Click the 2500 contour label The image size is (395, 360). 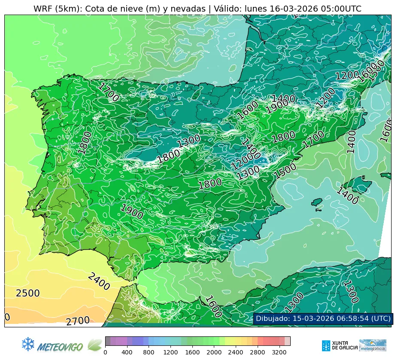(x=28, y=294)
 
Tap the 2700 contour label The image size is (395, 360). (x=78, y=321)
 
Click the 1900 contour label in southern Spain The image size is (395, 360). (x=131, y=212)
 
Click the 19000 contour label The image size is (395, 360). (x=280, y=104)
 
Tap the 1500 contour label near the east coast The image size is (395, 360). (x=286, y=171)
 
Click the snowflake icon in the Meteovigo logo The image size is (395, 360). (x=28, y=343)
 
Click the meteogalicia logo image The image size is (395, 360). (x=373, y=345)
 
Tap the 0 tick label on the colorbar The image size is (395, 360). (x=105, y=353)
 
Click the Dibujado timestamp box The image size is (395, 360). (x=322, y=319)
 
